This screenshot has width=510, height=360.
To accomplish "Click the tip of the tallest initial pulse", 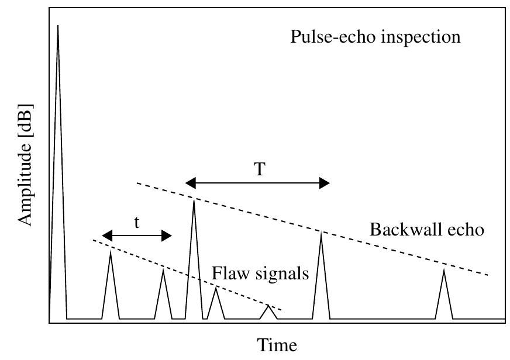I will coord(57,26).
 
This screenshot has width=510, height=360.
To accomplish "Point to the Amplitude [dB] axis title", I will coord(24,165).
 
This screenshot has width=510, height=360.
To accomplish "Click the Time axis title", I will coord(278,345).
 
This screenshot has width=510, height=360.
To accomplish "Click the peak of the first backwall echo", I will coord(194,201).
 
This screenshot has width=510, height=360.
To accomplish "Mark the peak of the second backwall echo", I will coord(321,233).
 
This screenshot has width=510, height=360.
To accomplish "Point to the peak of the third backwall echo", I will coord(444,269).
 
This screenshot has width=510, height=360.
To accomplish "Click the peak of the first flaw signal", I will coord(111,252).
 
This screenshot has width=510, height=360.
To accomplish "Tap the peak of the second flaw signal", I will coord(163,269).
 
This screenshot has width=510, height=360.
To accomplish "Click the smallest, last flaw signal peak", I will coord(268,306).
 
